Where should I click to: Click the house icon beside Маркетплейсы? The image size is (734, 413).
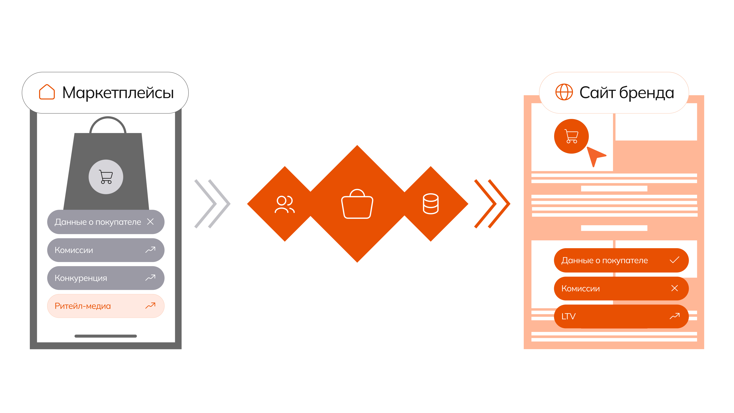47,92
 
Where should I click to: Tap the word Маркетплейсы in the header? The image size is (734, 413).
118,93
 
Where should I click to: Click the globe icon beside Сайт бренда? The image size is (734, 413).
564,92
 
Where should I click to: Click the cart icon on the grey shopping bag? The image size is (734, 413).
106,177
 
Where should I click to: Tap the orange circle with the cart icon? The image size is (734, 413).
571,136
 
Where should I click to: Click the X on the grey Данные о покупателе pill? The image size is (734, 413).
150,221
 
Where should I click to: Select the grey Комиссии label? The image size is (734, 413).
74,250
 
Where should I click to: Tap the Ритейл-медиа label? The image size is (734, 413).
83,306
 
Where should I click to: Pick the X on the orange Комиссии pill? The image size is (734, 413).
674,288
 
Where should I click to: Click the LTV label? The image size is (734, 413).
568,316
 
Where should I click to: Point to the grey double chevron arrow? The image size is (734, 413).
212,204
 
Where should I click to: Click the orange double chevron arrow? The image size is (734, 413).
492,204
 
